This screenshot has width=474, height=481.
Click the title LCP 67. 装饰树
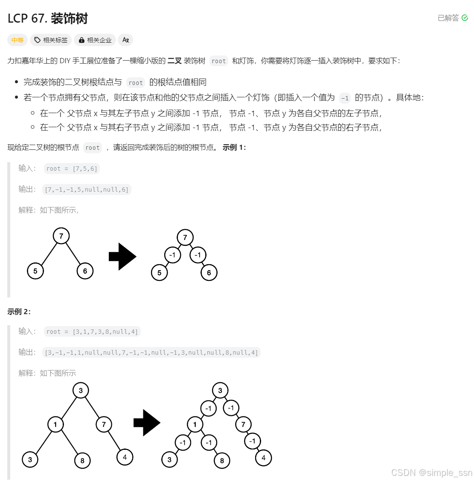(48, 18)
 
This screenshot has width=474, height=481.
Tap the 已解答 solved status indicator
(453, 18)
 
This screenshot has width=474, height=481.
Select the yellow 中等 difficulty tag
(17, 40)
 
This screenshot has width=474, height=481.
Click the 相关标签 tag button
(51, 40)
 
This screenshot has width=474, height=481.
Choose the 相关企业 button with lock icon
(95, 40)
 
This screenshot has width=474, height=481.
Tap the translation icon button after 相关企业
(125, 40)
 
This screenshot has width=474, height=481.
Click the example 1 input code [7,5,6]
(72, 169)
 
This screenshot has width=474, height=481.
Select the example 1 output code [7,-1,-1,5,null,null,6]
(87, 189)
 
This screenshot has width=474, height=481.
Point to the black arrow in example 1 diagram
(122, 257)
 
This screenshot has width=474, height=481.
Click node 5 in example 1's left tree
(35, 271)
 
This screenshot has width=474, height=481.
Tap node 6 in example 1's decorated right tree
(209, 273)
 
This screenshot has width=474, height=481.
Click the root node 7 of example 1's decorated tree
(185, 238)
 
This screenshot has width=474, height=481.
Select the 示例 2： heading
(19, 312)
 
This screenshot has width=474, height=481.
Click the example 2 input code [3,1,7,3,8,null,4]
(92, 332)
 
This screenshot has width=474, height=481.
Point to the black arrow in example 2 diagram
(147, 423)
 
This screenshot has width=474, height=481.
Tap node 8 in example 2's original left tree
(82, 461)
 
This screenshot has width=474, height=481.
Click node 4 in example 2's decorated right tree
(263, 458)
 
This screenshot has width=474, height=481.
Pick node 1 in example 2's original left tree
(55, 424)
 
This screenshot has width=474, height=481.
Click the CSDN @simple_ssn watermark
(431, 472)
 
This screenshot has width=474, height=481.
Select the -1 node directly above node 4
(253, 441)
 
